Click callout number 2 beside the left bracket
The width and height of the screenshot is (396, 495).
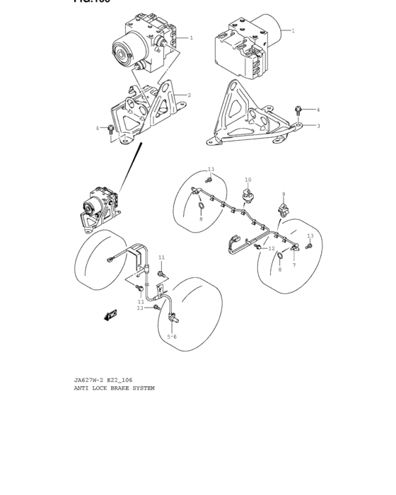click(x=189, y=95)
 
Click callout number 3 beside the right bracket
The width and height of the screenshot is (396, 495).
click(x=318, y=126)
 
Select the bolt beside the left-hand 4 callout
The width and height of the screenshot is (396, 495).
click(x=111, y=129)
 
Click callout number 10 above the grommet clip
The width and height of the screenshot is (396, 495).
click(x=248, y=180)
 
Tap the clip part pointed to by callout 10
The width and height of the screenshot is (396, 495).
click(x=247, y=195)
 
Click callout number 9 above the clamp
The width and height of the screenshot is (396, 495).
click(x=283, y=194)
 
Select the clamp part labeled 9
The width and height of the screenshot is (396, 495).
click(x=285, y=209)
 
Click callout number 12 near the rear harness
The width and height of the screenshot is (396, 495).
click(x=271, y=248)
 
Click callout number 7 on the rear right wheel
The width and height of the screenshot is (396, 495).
click(x=293, y=264)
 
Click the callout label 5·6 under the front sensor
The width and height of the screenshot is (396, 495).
click(x=172, y=337)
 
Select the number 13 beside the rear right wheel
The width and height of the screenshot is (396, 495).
click(x=310, y=235)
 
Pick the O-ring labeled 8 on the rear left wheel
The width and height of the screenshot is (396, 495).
click(x=201, y=206)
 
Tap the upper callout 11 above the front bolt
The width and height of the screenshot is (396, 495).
click(x=161, y=257)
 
